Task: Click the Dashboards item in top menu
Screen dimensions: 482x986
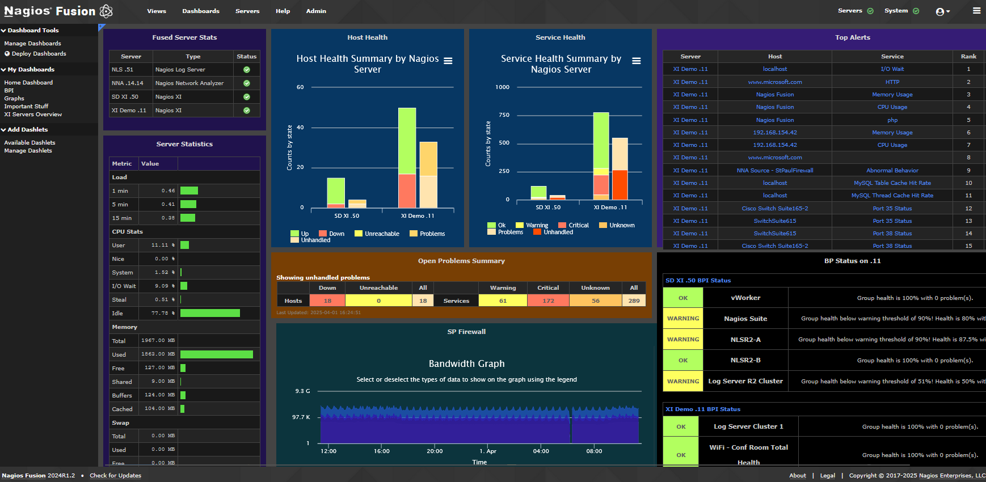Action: pos(201,11)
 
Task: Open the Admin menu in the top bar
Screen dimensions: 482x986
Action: pos(316,11)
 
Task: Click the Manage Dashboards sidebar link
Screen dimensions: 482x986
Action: pos(32,43)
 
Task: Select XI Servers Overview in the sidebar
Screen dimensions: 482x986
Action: pos(33,114)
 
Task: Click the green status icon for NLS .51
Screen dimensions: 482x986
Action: pos(247,70)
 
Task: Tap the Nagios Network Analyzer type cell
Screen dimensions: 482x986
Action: pos(189,83)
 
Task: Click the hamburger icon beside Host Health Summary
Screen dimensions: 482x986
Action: pos(448,61)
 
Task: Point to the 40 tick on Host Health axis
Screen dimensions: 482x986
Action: pos(301,128)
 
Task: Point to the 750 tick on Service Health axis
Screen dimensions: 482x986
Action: pos(504,115)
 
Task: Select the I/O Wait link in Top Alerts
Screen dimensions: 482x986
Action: pos(892,69)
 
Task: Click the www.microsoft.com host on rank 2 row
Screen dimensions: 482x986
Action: pos(775,82)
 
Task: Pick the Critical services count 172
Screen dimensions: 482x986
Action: pos(548,301)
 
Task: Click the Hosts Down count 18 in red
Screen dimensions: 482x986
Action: pos(327,301)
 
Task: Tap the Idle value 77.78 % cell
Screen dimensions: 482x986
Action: pos(158,313)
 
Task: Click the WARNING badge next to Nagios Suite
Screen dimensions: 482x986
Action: pos(683,319)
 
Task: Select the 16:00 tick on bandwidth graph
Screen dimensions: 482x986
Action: pos(382,451)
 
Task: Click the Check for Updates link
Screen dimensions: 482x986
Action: pos(115,476)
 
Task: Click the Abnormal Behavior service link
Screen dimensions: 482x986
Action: pos(892,170)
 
